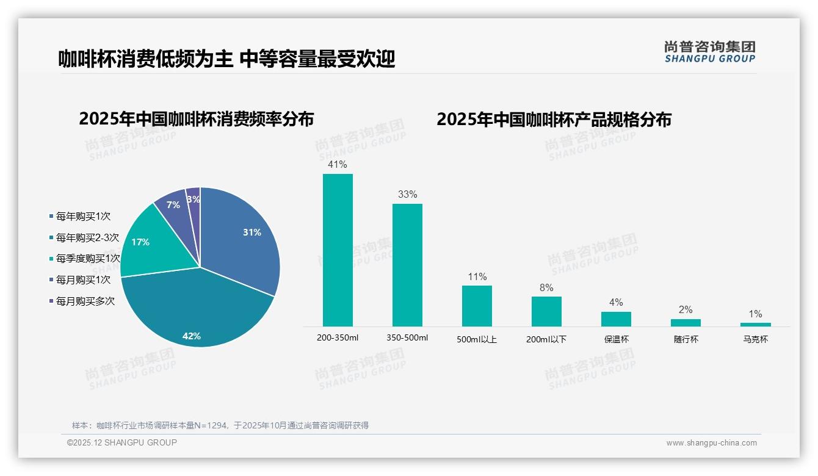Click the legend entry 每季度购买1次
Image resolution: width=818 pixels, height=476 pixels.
88,259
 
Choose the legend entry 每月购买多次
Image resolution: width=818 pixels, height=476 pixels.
85,301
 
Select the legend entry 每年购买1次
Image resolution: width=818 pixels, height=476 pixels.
83,217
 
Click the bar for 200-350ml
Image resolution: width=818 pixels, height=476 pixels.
338,250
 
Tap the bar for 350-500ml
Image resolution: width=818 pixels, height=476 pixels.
407,265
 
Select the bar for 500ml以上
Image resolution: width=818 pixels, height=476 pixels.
477,306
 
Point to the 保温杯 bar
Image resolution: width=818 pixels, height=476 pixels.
616,319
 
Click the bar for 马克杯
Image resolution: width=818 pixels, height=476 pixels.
755,325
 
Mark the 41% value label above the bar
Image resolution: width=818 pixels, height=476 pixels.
338,165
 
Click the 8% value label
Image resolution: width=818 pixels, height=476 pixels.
546,287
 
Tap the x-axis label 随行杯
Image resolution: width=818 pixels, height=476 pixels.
686,339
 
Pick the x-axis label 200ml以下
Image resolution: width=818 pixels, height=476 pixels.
546,339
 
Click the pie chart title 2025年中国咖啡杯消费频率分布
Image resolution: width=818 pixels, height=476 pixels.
196,119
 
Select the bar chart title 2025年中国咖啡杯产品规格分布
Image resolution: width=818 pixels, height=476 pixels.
554,119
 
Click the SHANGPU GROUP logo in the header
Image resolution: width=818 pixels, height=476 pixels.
709,52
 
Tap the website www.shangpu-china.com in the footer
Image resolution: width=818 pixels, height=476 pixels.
711,443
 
